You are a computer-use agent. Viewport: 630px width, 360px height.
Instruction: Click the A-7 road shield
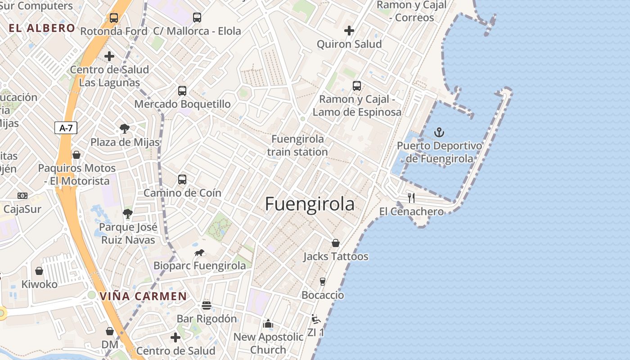click(x=66, y=128)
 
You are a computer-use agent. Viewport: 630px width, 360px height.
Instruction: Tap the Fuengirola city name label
click(x=310, y=204)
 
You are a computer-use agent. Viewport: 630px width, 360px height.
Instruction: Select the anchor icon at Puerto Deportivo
click(x=439, y=132)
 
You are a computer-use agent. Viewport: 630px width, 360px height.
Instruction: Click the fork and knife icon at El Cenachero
click(x=411, y=198)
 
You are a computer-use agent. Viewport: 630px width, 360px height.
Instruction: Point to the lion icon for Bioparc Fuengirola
click(x=199, y=253)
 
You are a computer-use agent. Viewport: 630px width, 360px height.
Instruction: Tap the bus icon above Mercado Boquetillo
click(x=182, y=91)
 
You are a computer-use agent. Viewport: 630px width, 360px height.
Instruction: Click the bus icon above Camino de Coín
click(x=182, y=180)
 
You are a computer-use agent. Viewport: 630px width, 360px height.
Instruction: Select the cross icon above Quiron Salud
click(x=349, y=31)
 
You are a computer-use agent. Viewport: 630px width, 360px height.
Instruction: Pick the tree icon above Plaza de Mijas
click(x=125, y=129)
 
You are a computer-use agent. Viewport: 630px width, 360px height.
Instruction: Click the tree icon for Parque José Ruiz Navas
click(x=128, y=214)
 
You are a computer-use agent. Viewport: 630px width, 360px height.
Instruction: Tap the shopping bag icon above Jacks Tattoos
click(x=336, y=243)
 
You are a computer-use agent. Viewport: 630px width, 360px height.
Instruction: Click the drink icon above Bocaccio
click(x=323, y=282)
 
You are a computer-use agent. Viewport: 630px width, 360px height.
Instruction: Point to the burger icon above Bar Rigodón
click(x=207, y=306)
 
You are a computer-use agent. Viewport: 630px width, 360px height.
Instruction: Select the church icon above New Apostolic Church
click(x=268, y=324)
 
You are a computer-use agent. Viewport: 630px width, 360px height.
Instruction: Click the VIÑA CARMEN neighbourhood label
click(x=143, y=297)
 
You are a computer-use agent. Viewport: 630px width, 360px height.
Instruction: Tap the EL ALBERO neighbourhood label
click(x=42, y=28)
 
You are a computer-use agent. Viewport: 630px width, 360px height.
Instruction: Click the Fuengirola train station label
click(x=297, y=145)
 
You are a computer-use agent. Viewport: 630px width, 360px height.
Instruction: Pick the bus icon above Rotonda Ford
click(x=114, y=18)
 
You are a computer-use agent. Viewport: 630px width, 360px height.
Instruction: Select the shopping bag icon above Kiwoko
click(x=39, y=271)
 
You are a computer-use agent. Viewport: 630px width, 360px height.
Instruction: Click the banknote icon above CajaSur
click(x=22, y=196)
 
